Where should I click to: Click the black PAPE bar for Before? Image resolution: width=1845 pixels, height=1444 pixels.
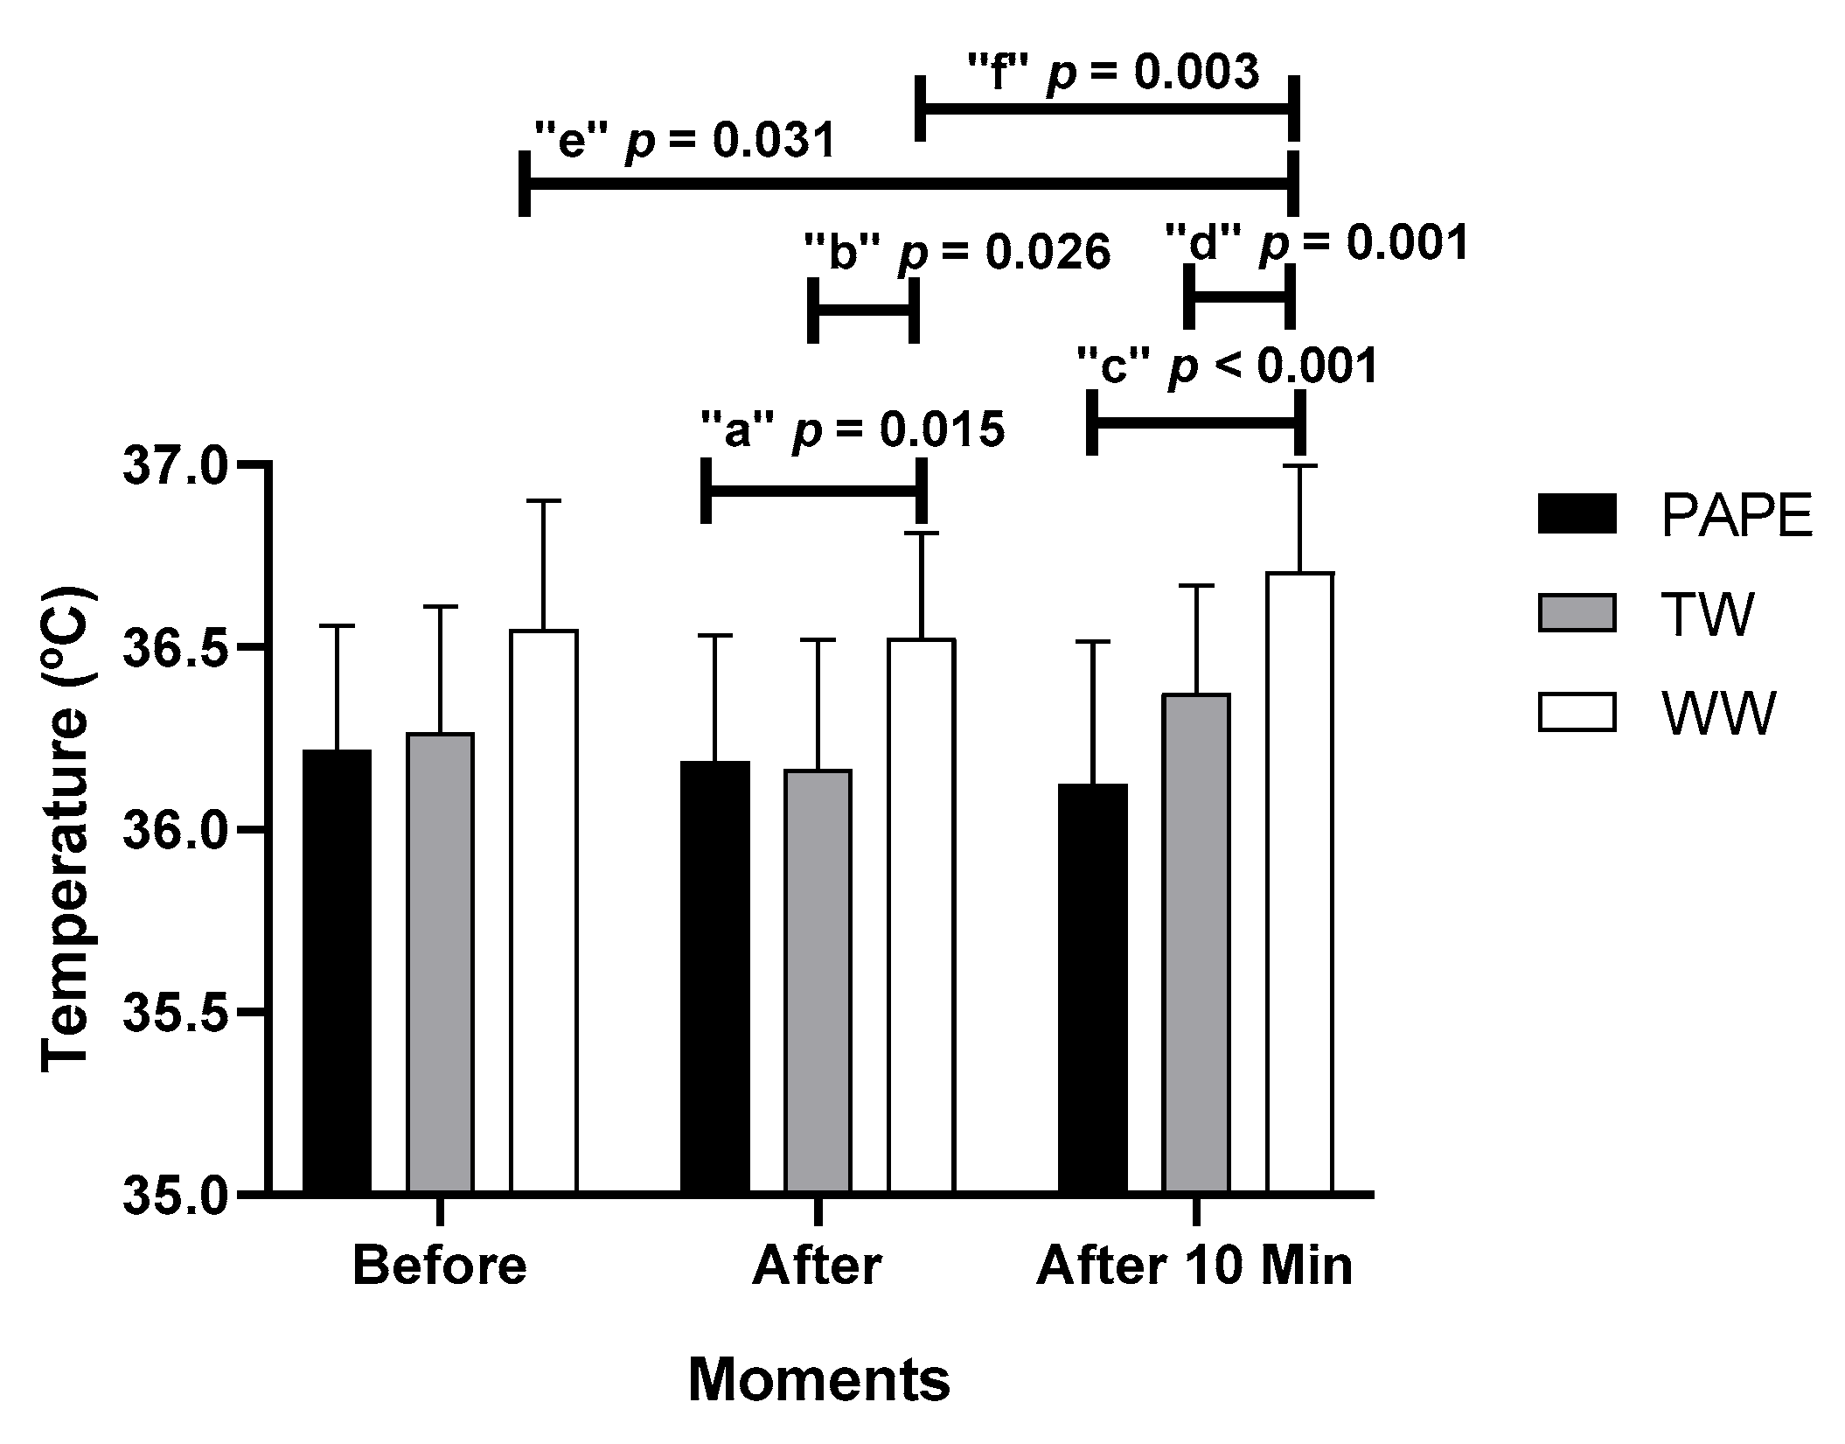337,971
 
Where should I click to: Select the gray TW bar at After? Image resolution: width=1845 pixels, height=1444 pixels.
818,980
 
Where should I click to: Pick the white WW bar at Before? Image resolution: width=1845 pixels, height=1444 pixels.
544,910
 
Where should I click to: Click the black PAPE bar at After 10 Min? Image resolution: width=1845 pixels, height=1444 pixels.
1093,987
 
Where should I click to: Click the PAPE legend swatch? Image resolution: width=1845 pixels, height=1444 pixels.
1576,513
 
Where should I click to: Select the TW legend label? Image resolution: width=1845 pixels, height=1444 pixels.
1707,614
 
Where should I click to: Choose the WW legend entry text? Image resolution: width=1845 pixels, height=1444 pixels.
1718,713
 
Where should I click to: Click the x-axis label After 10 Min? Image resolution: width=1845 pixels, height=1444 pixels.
1194,1266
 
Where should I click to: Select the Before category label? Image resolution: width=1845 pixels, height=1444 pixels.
440,1266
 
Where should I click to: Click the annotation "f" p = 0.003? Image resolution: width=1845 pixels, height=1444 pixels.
1113,72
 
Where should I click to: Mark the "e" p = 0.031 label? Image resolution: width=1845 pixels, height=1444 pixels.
686,141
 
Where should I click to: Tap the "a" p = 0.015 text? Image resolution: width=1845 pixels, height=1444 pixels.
853,429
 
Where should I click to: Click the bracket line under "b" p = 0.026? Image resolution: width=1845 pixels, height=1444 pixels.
862,310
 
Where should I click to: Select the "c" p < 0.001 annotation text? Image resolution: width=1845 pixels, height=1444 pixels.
1228,366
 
